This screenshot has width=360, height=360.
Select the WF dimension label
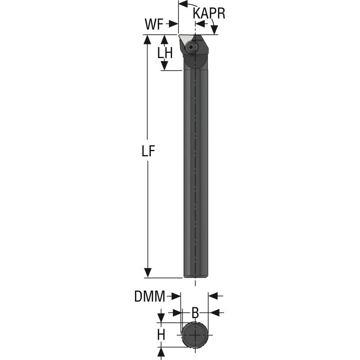154,25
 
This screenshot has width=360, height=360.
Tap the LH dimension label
165,53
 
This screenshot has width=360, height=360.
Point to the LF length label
148,152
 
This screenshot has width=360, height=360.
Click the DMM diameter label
149,296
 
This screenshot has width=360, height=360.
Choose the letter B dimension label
195,312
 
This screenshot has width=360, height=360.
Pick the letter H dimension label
161,334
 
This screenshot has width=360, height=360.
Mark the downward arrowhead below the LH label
165,66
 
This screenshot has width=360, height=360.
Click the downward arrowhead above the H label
161,318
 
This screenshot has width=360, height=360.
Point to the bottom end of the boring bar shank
195,276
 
